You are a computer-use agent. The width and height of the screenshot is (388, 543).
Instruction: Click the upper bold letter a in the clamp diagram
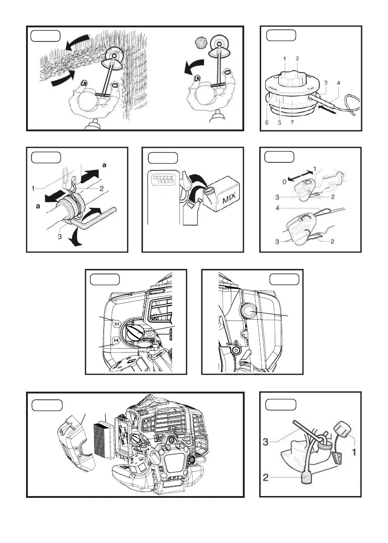[105, 166]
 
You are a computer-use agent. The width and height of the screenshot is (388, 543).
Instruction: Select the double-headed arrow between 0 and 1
[299, 175]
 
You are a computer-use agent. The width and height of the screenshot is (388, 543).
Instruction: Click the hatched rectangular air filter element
[103, 439]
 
